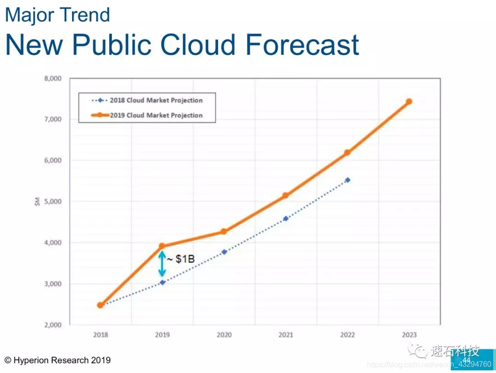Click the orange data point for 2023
pyautogui.click(x=409, y=102)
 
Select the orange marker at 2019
pyautogui.click(x=162, y=246)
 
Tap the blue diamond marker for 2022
pyautogui.click(x=348, y=180)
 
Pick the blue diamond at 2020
pyautogui.click(x=224, y=252)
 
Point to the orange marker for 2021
pyautogui.click(x=286, y=195)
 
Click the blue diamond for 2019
pyautogui.click(x=163, y=283)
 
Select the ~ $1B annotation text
pyautogui.click(x=181, y=260)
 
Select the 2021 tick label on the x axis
pyautogui.click(x=286, y=335)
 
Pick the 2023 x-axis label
pyautogui.click(x=409, y=335)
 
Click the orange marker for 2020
pyautogui.click(x=224, y=232)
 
